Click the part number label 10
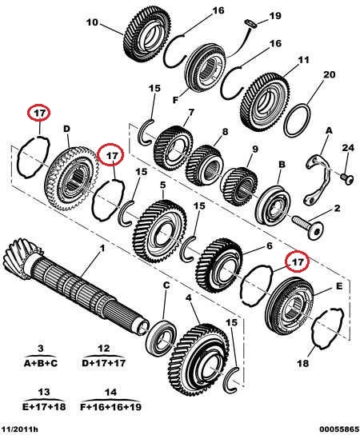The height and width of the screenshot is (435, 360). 92,22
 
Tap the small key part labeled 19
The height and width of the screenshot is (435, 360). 250,23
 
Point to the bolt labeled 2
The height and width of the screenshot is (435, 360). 308,226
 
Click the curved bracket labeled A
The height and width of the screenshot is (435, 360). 318,181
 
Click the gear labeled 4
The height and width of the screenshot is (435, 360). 199,359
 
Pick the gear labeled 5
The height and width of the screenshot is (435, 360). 160,231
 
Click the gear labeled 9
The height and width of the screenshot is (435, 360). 239,186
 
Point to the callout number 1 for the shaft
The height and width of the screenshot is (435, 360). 102,248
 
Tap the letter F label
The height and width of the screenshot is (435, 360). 175,100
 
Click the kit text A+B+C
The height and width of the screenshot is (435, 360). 41,363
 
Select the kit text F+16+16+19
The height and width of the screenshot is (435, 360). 110,407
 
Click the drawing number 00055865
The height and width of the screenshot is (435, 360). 338,429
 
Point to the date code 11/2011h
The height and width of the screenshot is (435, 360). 18,429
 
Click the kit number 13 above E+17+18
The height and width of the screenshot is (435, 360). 43,392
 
